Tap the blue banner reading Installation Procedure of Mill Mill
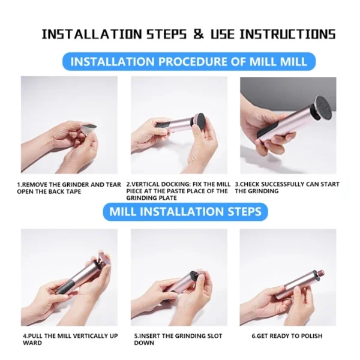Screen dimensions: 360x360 188,61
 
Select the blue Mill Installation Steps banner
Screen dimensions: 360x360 185,211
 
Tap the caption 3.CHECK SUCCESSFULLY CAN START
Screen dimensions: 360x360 287,188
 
